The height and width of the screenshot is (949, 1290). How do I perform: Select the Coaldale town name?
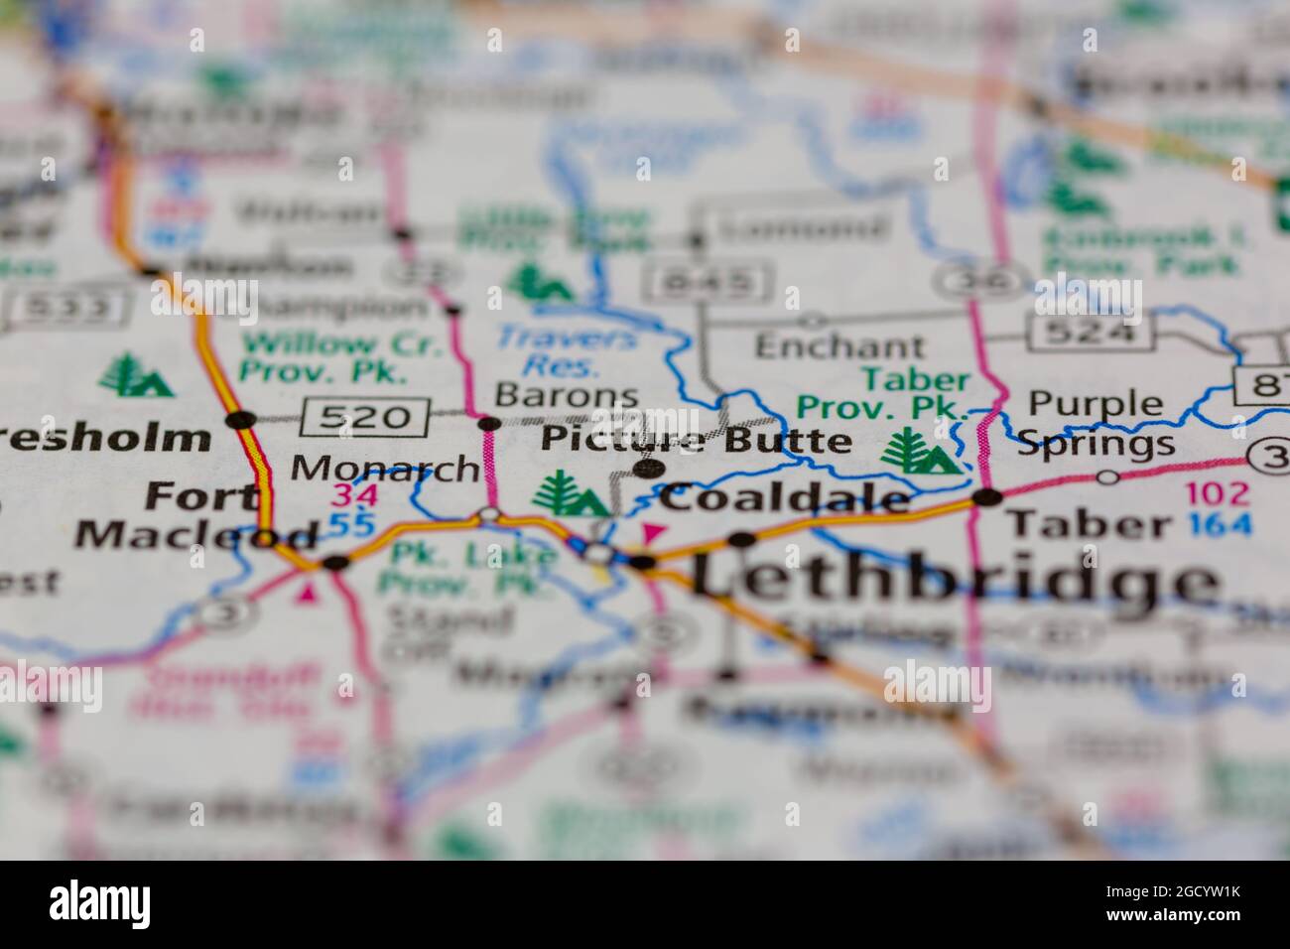[785, 498]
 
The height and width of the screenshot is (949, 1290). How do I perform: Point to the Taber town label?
[1088, 523]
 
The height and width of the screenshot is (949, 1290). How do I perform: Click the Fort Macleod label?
[198, 514]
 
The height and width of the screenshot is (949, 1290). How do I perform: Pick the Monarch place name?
[386, 468]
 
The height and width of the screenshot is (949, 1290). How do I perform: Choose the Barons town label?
[567, 395]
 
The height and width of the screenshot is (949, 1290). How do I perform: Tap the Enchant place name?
[839, 346]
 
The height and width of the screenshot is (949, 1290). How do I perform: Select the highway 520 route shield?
[366, 416]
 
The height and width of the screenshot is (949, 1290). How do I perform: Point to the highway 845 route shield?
[709, 282]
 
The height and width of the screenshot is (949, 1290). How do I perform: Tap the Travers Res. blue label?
[567, 350]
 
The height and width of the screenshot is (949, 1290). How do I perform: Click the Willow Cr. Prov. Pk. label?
[323, 358]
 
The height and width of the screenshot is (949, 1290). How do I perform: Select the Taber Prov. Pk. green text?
[883, 393]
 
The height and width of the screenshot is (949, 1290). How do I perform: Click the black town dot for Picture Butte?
[649, 468]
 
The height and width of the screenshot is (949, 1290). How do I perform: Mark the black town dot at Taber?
[987, 497]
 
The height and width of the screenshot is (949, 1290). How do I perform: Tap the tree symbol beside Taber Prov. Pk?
[919, 452]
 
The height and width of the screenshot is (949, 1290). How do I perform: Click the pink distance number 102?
[1220, 493]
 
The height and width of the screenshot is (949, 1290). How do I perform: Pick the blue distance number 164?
[1220, 523]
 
